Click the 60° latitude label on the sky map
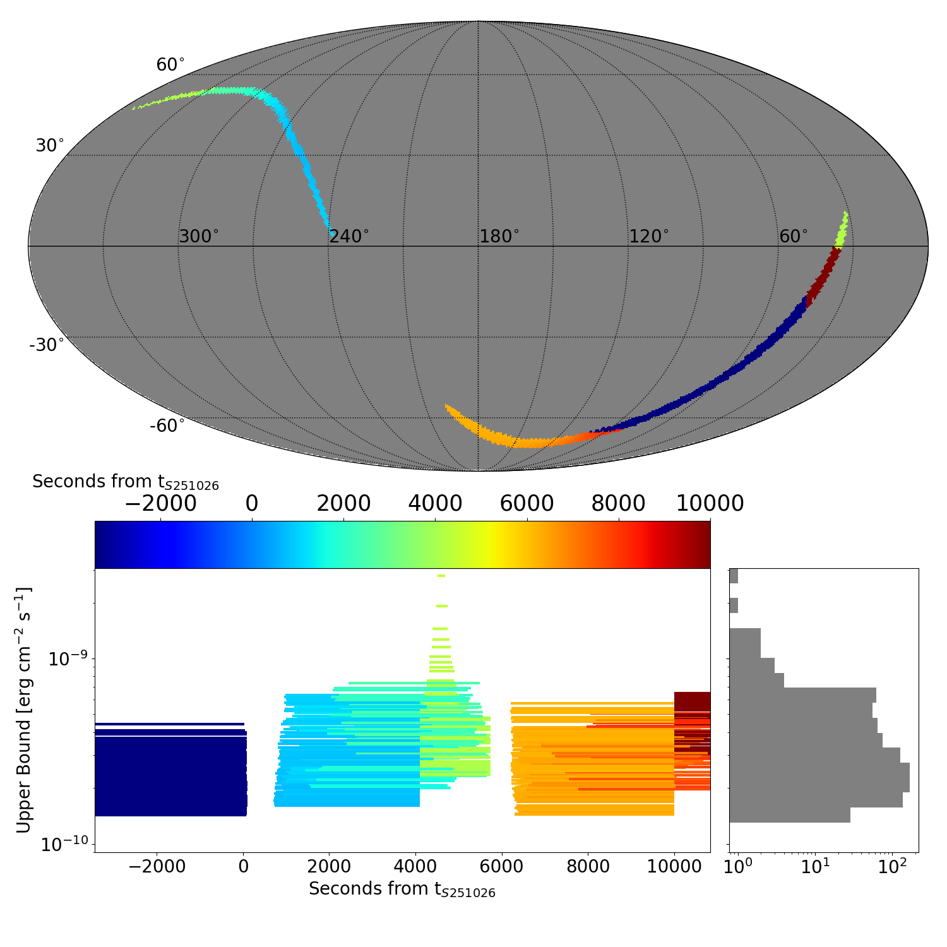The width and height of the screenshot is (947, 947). [170, 65]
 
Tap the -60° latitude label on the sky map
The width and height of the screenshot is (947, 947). [167, 426]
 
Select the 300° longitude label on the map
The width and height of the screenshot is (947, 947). [199, 237]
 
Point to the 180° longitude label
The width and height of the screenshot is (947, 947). [499, 237]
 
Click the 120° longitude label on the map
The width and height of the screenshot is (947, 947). [649, 237]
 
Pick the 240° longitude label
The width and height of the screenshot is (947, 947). [349, 237]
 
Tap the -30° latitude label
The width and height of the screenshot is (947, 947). [47, 345]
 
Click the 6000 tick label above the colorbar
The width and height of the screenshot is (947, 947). [527, 504]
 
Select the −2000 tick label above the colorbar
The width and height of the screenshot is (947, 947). [161, 504]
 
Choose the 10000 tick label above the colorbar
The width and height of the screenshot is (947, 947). [710, 504]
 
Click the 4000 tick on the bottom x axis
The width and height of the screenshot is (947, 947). [416, 866]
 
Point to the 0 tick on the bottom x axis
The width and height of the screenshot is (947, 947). [244, 866]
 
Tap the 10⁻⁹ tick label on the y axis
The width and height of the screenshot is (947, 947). [68, 658]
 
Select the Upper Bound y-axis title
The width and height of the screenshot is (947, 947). [24, 710]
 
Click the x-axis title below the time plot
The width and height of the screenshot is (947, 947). [402, 890]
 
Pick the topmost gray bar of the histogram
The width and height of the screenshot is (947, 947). [734, 576]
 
